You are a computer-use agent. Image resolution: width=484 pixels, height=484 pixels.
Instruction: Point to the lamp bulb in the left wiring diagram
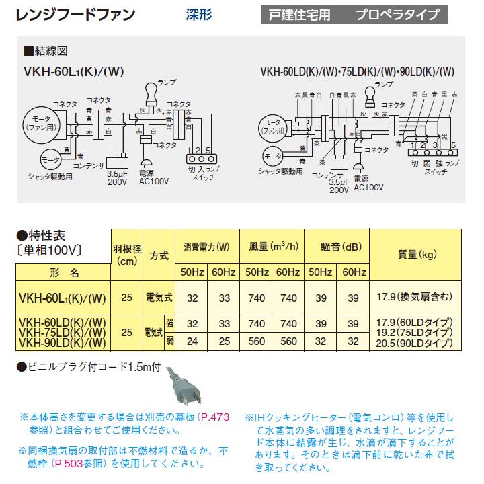point(147,93)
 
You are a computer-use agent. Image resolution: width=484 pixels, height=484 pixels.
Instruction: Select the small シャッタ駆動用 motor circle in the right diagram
point(272,157)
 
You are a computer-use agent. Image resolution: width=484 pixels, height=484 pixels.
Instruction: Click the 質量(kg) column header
point(417,255)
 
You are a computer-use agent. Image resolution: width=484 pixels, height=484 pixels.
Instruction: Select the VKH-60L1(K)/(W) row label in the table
point(61,296)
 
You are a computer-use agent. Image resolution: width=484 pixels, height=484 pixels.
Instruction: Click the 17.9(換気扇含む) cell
point(417,296)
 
